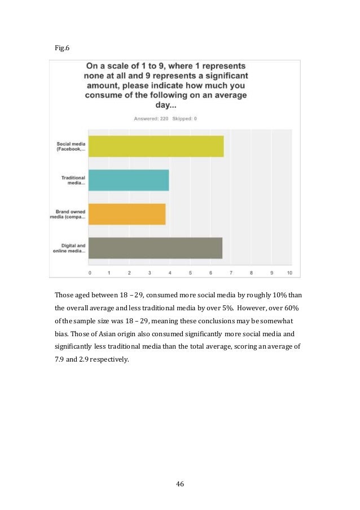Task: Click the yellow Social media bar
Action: [156, 146]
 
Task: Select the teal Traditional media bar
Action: [129, 180]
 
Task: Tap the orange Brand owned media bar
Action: [128, 214]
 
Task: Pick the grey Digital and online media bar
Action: [156, 248]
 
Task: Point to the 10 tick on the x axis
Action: [289, 272]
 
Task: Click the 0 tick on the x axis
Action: [90, 272]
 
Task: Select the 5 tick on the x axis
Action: [190, 272]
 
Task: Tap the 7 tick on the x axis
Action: [230, 272]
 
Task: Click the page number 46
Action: [180, 483]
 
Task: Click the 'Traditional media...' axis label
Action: [73, 180]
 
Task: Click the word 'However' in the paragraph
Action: [256, 307]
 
